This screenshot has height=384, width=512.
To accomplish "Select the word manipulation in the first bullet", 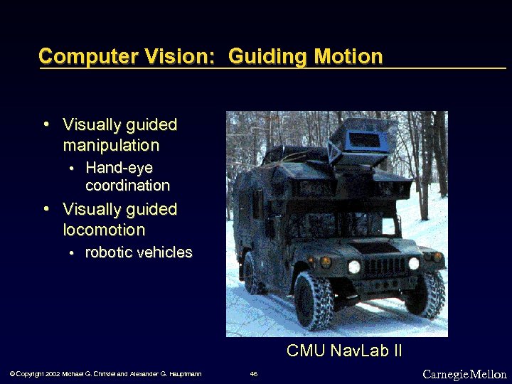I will pos(111,146).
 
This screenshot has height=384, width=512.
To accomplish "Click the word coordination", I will pos(127,186).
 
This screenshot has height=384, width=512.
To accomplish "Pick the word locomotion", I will pos(104,230).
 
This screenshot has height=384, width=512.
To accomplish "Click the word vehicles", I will pos(166,253).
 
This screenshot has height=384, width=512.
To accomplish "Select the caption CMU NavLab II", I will pos(344,351).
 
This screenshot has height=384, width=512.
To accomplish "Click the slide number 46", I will pos(254,374).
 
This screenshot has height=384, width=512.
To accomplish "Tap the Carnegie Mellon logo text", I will pos(464,374).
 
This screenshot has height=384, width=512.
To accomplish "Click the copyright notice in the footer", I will pos(105,374).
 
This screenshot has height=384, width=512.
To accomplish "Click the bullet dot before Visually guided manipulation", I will pos(46,125).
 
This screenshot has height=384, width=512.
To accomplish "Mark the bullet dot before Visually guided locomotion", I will pos(46,210).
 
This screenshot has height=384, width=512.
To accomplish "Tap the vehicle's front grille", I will pos(384,267).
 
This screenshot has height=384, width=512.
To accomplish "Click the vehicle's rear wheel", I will pos(252,274).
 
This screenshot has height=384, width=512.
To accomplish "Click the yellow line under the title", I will pos(270,68).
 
